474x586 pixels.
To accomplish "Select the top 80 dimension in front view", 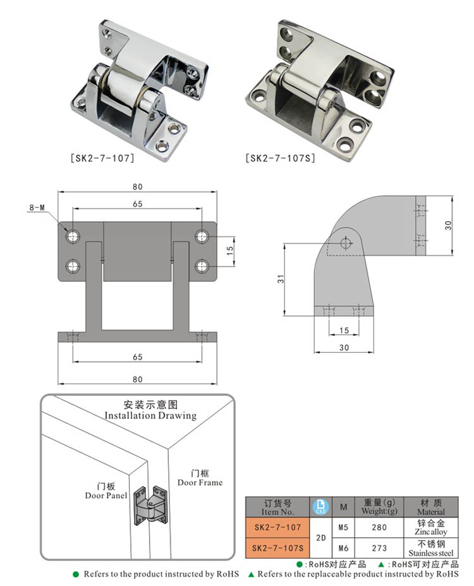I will click(x=138, y=186).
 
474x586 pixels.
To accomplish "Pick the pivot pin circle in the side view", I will click(x=346, y=242).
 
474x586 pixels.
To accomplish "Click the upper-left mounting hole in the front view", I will click(x=73, y=236).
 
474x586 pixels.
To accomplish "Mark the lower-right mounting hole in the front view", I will click(x=202, y=266).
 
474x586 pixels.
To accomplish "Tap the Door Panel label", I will click(x=106, y=491).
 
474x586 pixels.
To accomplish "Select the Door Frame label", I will click(x=200, y=478).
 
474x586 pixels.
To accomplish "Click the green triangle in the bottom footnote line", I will click(x=252, y=575).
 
